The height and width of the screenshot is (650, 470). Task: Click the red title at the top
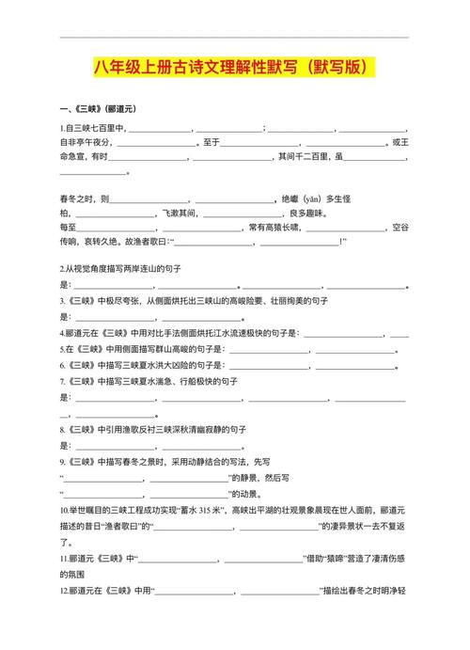pos(235,68)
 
